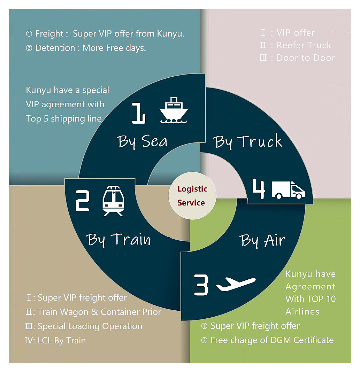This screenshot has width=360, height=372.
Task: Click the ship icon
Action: [x=174, y=110]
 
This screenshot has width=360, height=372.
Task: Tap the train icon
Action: [x=113, y=201]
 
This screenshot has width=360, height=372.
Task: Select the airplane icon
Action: [x=236, y=284]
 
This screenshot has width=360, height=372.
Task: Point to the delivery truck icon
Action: [x=288, y=190]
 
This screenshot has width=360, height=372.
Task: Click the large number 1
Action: [x=138, y=113]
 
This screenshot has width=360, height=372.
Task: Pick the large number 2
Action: [x=82, y=201]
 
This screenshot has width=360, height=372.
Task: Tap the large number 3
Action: [x=201, y=285]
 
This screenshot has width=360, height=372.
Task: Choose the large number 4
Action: [x=259, y=189]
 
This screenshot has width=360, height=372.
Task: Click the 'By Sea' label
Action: [x=142, y=142]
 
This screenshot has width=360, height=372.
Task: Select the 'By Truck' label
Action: [x=247, y=141]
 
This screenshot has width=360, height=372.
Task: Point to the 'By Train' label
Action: [x=118, y=240]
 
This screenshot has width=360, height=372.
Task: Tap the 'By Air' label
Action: [x=262, y=241]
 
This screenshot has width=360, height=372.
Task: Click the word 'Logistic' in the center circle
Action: [x=192, y=189]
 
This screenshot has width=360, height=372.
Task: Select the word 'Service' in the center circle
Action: [x=191, y=203]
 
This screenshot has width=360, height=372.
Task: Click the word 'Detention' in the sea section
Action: [x=55, y=48]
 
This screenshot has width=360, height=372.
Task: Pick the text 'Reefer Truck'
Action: [x=304, y=45]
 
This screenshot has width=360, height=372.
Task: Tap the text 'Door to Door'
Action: [x=306, y=58]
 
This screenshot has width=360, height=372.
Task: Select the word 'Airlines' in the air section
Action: [x=302, y=311]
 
